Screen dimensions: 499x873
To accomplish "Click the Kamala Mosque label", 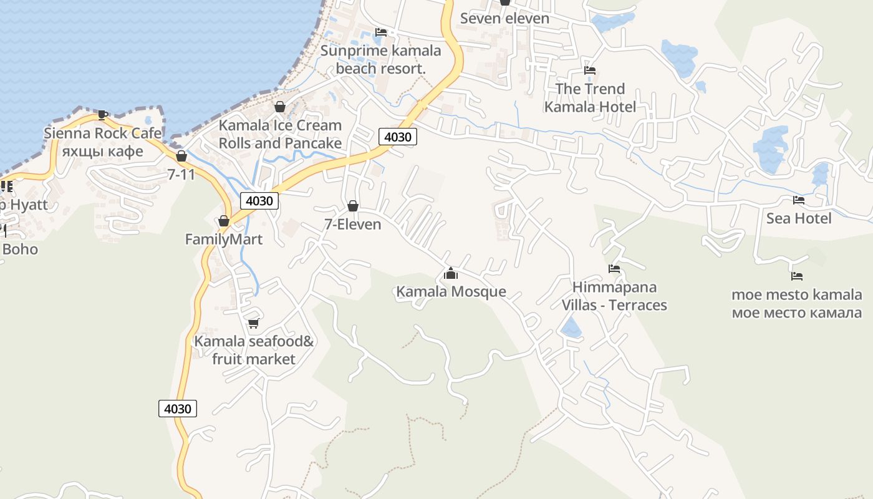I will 451,291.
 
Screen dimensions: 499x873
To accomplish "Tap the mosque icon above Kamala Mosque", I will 451,273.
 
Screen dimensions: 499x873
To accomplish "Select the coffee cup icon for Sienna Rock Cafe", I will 103,115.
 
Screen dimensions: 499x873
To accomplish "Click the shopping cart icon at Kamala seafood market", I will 253,323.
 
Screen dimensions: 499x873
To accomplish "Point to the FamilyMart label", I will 224,240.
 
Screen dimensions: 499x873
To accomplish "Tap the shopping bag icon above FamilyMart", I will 224,221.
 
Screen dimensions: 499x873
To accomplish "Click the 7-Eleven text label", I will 353,225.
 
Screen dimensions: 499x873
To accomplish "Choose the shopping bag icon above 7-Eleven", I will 353,206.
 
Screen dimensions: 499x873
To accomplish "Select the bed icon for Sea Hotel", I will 798,200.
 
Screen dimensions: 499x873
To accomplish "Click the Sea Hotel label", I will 799,218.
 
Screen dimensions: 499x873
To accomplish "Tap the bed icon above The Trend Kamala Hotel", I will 590,70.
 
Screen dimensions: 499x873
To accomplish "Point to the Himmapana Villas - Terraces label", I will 614,296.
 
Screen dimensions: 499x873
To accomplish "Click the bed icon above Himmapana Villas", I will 614,269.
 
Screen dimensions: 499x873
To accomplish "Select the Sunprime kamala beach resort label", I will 380,60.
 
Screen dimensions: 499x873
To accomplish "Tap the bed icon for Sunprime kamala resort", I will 381,32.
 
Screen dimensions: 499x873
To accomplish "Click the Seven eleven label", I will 504,18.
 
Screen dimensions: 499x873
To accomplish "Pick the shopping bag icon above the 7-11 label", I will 181,156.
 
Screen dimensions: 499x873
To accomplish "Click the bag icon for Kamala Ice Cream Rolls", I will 280,107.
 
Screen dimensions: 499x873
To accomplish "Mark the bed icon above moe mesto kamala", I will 796,276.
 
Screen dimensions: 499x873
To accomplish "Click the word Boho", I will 20,249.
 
